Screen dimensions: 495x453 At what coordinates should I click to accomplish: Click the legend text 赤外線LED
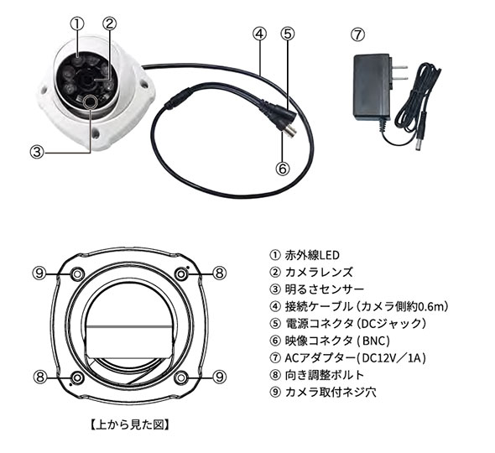(x=312, y=255)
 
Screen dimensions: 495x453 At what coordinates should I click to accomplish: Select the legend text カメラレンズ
(x=319, y=272)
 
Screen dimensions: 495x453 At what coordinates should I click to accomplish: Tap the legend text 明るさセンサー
(x=325, y=289)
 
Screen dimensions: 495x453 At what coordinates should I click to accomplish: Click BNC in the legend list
(x=374, y=341)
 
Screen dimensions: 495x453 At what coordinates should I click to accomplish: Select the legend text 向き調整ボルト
(x=325, y=375)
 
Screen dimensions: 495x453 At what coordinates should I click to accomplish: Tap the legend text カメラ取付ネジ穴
(x=331, y=393)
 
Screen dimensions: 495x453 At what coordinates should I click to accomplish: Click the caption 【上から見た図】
(x=129, y=424)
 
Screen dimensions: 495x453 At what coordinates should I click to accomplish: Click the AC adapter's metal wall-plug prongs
(x=399, y=72)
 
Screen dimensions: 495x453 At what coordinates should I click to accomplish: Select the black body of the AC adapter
(x=373, y=87)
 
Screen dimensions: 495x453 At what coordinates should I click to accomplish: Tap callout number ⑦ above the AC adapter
(x=357, y=34)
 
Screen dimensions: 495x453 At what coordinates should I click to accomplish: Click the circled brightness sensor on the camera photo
(x=89, y=102)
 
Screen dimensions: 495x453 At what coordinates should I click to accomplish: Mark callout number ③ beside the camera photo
(x=37, y=152)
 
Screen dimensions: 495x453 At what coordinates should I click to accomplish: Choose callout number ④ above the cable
(x=259, y=34)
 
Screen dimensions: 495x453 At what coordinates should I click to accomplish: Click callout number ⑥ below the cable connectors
(x=283, y=168)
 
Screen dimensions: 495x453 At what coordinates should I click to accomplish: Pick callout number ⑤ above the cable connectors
(x=287, y=34)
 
